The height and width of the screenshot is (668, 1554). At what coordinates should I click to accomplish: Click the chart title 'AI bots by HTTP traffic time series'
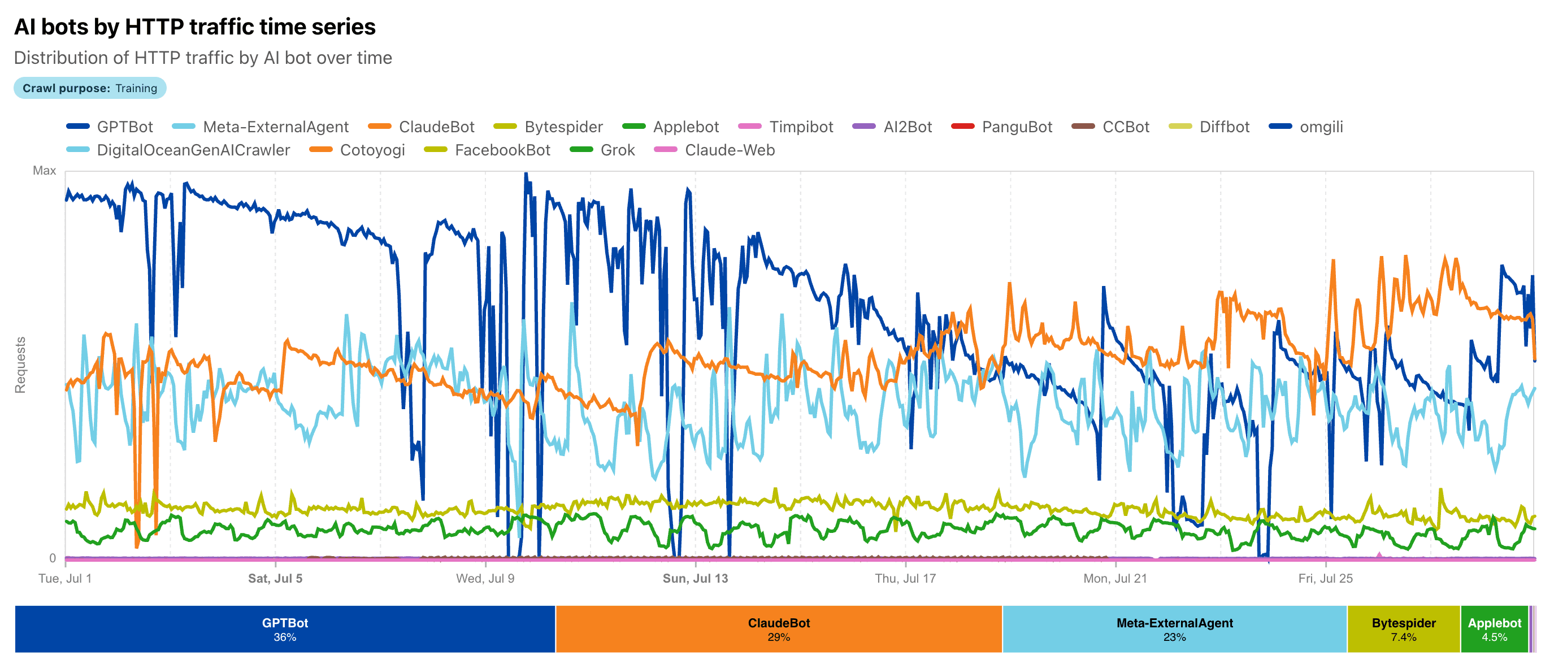(194, 27)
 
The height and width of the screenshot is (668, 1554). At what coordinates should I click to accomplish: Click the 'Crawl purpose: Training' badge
(90, 88)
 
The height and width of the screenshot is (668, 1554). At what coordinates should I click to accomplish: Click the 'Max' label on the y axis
(44, 171)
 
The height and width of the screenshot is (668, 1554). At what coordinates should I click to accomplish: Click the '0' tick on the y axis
(53, 558)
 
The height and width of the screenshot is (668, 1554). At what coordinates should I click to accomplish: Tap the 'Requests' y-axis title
(20, 365)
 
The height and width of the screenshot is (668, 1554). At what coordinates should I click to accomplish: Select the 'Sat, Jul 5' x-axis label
(275, 578)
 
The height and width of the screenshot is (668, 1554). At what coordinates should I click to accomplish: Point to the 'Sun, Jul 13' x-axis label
(695, 578)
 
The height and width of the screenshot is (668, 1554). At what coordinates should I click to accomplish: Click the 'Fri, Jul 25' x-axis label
(1325, 578)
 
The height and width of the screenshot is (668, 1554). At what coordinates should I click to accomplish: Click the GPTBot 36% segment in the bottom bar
(285, 629)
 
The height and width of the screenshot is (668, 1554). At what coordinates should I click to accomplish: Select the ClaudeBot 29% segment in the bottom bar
(778, 629)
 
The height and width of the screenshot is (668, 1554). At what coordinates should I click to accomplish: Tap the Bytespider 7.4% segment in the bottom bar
(1403, 629)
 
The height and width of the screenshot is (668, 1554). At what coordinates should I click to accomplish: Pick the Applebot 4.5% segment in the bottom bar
(1494, 629)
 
